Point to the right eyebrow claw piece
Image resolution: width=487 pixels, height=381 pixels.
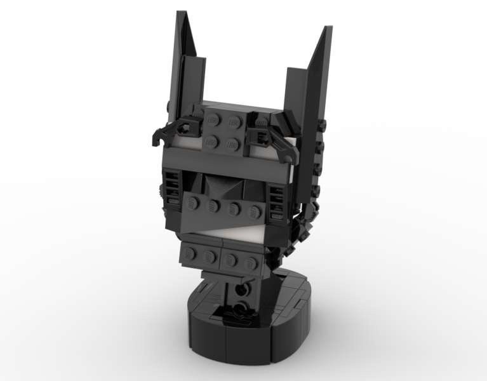(x=269, y=137)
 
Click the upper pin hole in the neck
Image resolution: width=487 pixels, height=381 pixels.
(x=239, y=288)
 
